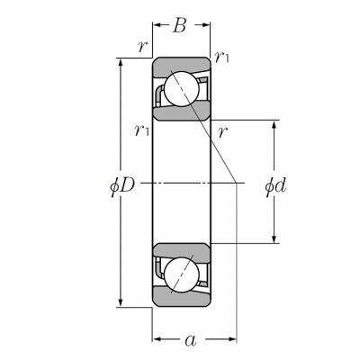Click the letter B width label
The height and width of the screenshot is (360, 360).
pyautogui.click(x=179, y=25)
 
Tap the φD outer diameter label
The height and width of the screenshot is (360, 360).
pyautogui.click(x=122, y=186)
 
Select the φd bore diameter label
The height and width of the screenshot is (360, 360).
pyautogui.click(x=275, y=186)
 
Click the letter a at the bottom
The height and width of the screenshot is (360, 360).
pyautogui.click(x=191, y=340)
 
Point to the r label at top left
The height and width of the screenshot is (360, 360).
pyautogui.click(x=142, y=47)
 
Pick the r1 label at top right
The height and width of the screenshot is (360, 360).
pyautogui.click(x=222, y=57)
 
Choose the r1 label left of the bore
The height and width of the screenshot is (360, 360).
pyautogui.click(x=141, y=130)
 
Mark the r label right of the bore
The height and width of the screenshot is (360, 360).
pyautogui.click(x=222, y=131)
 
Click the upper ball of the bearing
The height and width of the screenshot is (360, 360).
pyautogui.click(x=182, y=89)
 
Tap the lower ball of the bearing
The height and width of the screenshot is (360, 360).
pyautogui.click(x=182, y=274)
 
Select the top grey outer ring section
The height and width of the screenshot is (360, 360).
pyautogui.click(x=181, y=66)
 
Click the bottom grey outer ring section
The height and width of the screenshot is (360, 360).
pyautogui.click(x=181, y=298)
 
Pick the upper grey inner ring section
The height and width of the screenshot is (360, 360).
pyautogui.click(x=183, y=111)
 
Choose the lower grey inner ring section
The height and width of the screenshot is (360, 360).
pyautogui.click(x=183, y=253)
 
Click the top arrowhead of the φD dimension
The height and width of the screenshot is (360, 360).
pyautogui.click(x=121, y=63)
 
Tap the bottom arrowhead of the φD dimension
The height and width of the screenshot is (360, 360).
pyautogui.click(x=121, y=301)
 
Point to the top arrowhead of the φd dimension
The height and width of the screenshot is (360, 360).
pyautogui.click(x=274, y=125)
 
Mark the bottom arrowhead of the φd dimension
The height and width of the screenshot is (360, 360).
pyautogui.click(x=274, y=238)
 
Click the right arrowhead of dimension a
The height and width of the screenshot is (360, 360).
pyautogui.click(x=232, y=339)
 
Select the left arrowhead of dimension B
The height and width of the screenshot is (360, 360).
pyautogui.click(x=157, y=25)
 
